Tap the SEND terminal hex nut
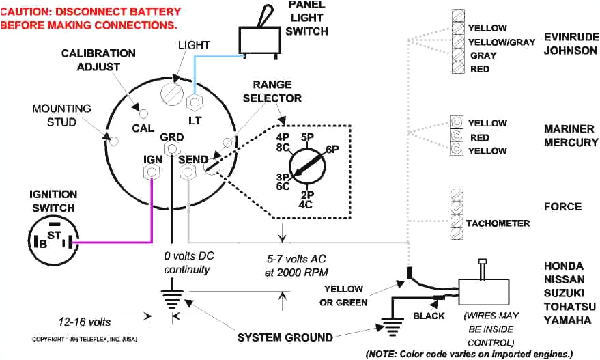pos(186,174)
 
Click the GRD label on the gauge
pos(171,137)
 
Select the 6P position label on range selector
pos(332,149)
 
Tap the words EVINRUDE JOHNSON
pos(571,43)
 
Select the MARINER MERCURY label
pos(571,135)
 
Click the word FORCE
pos(562,207)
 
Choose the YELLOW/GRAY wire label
pos(502,42)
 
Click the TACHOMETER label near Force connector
pos(498,223)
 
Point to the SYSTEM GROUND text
pos(285,337)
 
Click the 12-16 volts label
pos(85,320)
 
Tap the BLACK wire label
pos(429,316)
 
